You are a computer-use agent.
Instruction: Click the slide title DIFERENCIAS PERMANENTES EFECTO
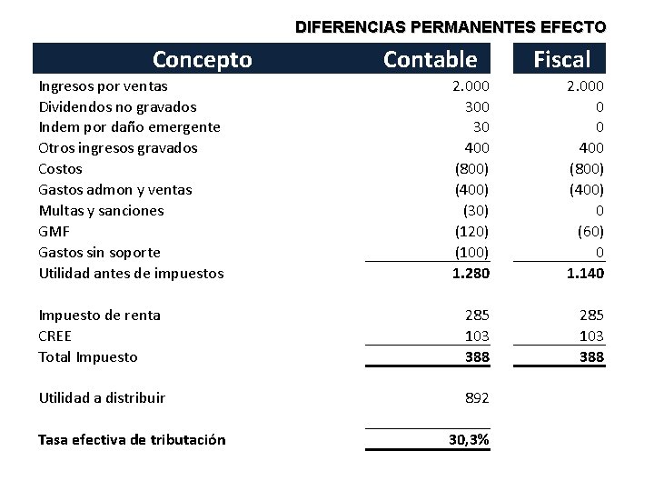(x=451, y=27)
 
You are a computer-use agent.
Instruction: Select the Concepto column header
(x=202, y=60)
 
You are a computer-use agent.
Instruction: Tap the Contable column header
(x=430, y=60)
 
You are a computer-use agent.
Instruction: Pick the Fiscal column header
(x=561, y=60)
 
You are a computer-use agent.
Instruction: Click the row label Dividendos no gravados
(x=117, y=106)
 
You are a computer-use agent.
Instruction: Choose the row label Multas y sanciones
(x=101, y=210)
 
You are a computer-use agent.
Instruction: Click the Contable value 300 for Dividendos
(x=477, y=106)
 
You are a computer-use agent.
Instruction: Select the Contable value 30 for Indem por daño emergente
(x=481, y=127)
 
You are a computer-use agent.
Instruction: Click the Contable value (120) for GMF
(x=471, y=231)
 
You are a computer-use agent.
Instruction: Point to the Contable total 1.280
(x=471, y=273)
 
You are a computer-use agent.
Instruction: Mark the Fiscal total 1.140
(x=586, y=273)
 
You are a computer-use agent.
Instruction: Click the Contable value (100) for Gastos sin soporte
(x=471, y=252)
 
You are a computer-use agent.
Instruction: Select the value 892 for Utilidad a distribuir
(x=477, y=397)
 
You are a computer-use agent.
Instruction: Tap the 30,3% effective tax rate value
(x=469, y=440)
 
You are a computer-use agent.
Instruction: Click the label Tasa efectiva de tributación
(x=132, y=440)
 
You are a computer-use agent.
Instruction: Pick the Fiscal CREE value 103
(x=591, y=336)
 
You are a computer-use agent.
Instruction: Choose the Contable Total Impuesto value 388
(x=477, y=356)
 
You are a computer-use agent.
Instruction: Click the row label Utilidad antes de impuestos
(x=131, y=273)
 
